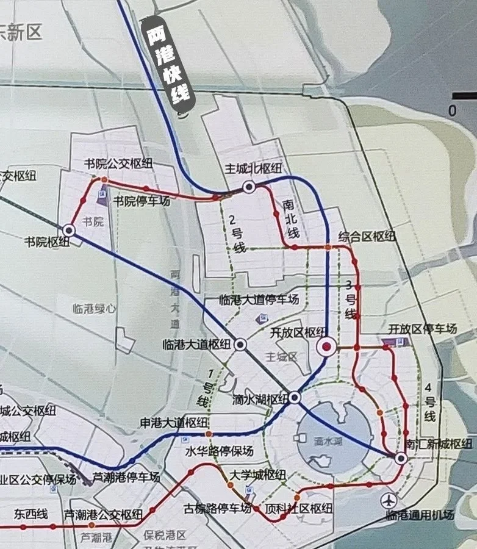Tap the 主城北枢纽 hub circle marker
[249, 187]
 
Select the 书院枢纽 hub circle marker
[69, 230]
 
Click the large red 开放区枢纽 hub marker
[327, 348]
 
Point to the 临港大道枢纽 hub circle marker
[240, 345]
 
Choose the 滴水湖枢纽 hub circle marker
[295, 398]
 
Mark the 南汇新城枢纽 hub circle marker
[401, 458]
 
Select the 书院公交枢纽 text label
[118, 164]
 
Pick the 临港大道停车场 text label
[259, 300]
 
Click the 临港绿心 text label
[93, 309]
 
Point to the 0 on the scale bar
[452, 111]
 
